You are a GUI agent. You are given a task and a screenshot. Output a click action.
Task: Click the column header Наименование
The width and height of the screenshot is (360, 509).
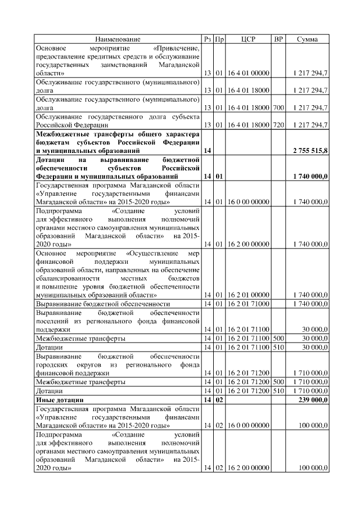click(x=118, y=39)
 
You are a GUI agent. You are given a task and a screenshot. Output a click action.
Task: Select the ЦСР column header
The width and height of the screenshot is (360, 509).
click(x=248, y=39)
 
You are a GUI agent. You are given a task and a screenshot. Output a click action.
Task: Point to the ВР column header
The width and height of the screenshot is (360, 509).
click(x=278, y=39)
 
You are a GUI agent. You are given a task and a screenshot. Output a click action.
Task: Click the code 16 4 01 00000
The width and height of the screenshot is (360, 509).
click(x=248, y=73)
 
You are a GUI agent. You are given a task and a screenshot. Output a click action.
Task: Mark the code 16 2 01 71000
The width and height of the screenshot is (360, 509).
click(x=248, y=304)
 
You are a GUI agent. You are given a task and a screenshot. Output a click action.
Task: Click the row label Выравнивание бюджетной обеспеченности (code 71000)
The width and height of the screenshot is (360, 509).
click(x=94, y=304)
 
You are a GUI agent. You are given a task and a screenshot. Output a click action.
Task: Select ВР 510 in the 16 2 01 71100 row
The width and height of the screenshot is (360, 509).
click(x=278, y=348)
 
